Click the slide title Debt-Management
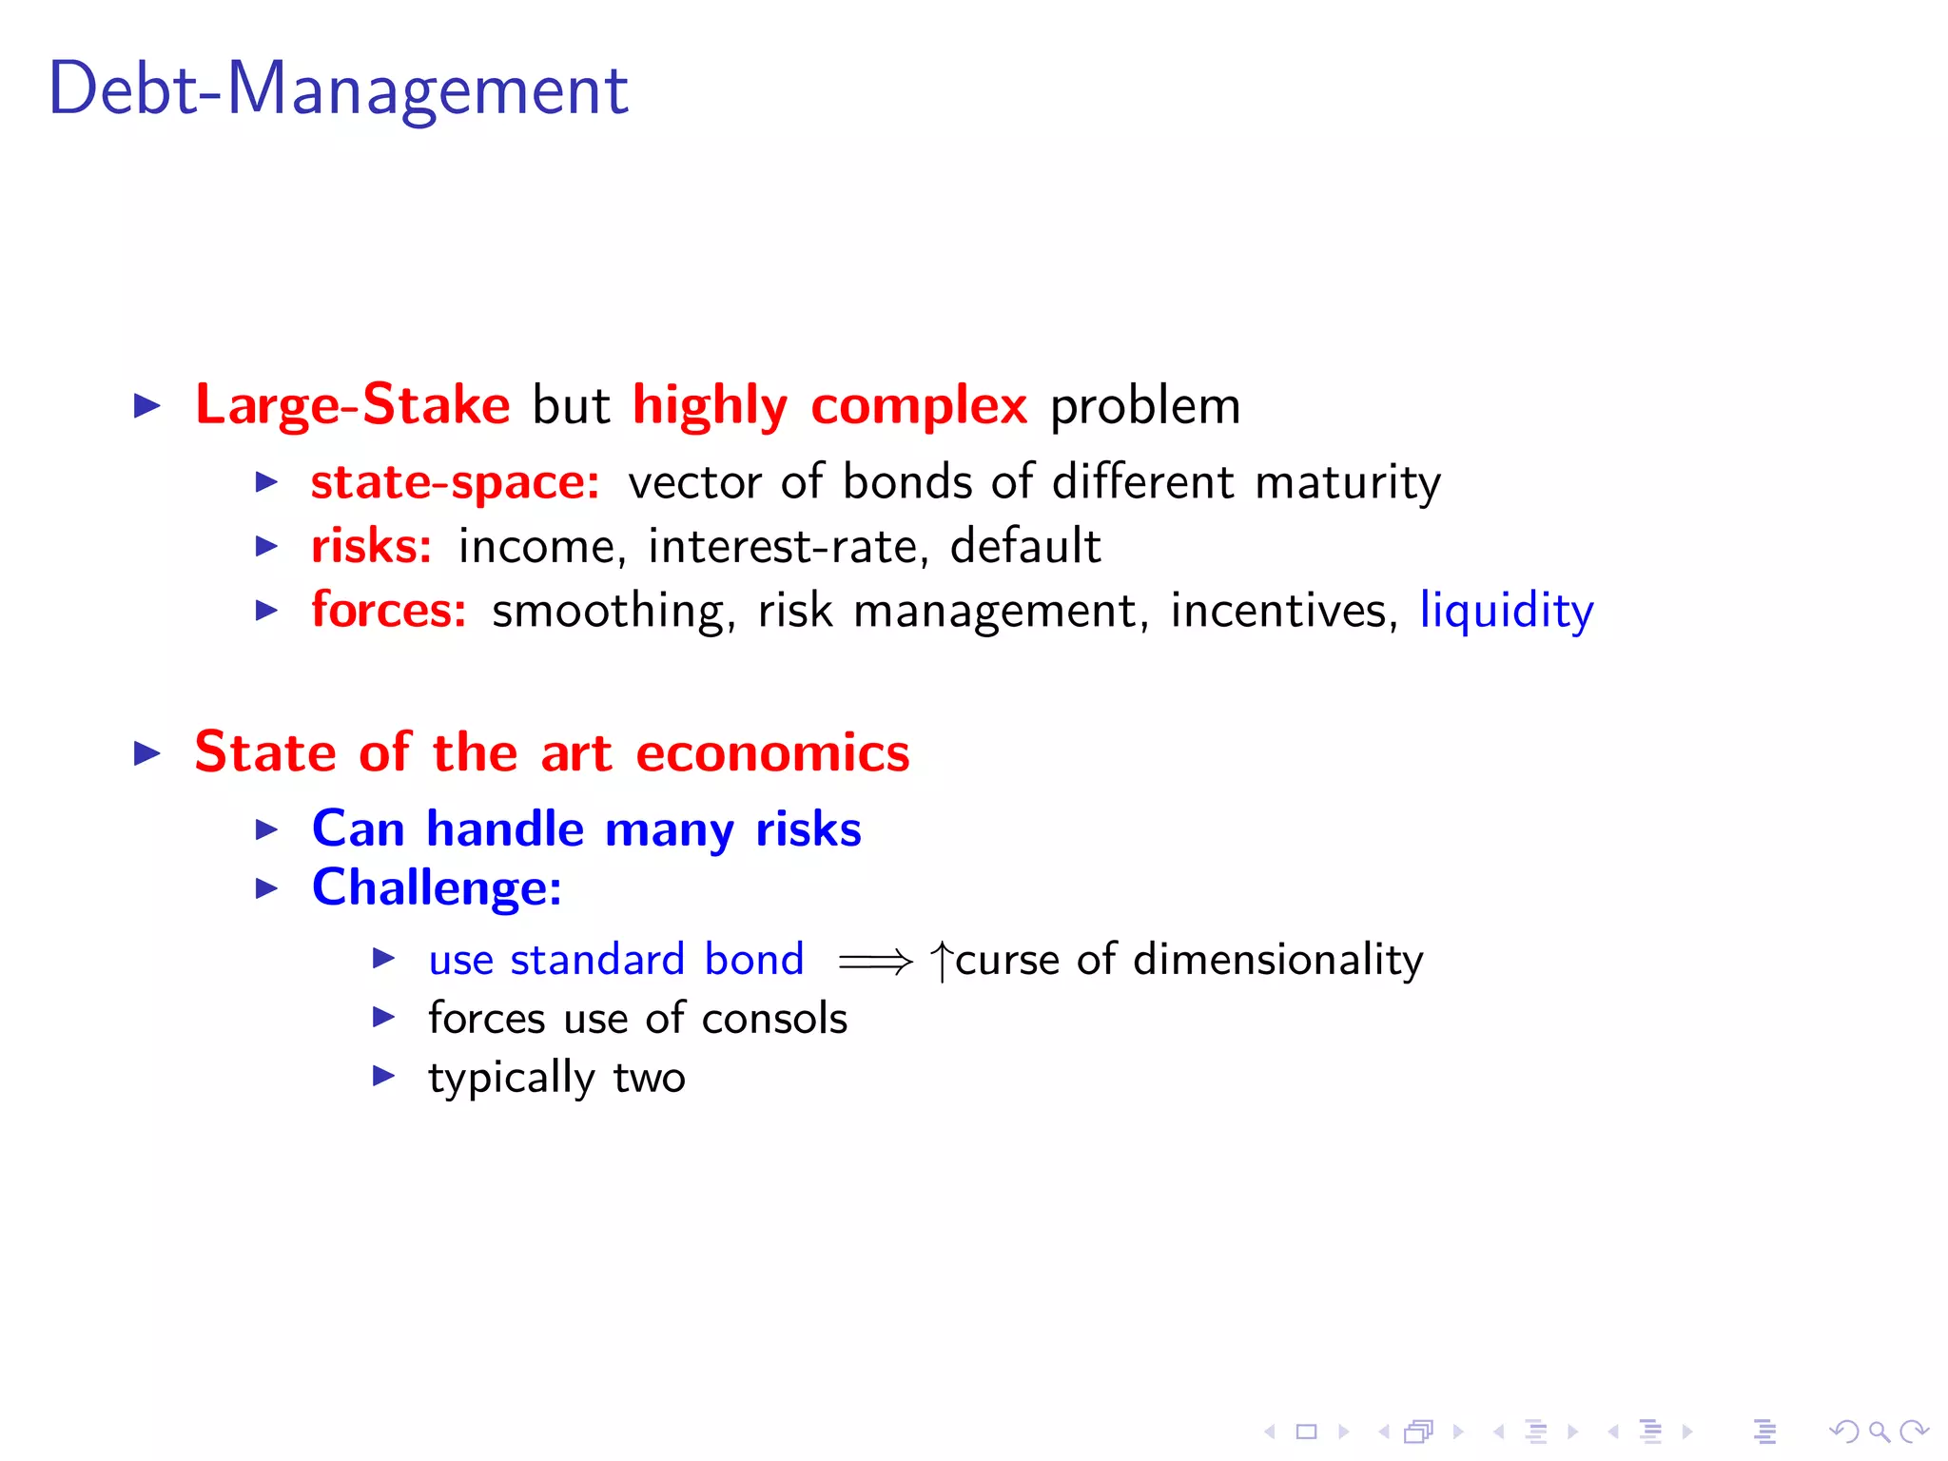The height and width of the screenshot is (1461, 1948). [338, 89]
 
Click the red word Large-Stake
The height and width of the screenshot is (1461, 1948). [352, 405]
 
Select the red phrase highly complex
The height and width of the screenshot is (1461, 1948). [829, 405]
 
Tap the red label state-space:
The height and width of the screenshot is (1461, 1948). [455, 482]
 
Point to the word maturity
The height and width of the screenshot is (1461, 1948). [1347, 483]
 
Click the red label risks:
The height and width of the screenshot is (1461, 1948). [371, 546]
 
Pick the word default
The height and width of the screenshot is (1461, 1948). [1024, 546]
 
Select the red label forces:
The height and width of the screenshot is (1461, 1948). [388, 610]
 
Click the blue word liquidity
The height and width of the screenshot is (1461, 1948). [1506, 611]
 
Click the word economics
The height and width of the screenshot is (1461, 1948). [772, 753]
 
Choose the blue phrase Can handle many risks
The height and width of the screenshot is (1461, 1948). [586, 828]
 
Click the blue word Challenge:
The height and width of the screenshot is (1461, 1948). [437, 887]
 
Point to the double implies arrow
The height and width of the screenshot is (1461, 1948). [874, 962]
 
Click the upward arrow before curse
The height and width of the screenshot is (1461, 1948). [941, 961]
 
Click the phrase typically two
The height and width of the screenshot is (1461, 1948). [556, 1079]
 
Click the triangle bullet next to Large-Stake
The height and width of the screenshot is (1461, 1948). [147, 406]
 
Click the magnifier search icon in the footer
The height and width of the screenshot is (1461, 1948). [1879, 1432]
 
